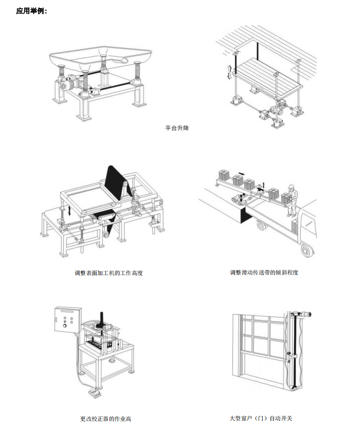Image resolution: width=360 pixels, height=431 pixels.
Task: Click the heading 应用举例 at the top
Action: (x=31, y=11)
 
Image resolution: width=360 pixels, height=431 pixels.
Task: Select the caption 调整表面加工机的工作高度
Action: (x=109, y=273)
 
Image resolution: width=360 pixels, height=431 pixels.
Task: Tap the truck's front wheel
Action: (x=305, y=249)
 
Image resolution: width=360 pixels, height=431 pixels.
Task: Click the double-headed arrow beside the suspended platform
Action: (x=229, y=72)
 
